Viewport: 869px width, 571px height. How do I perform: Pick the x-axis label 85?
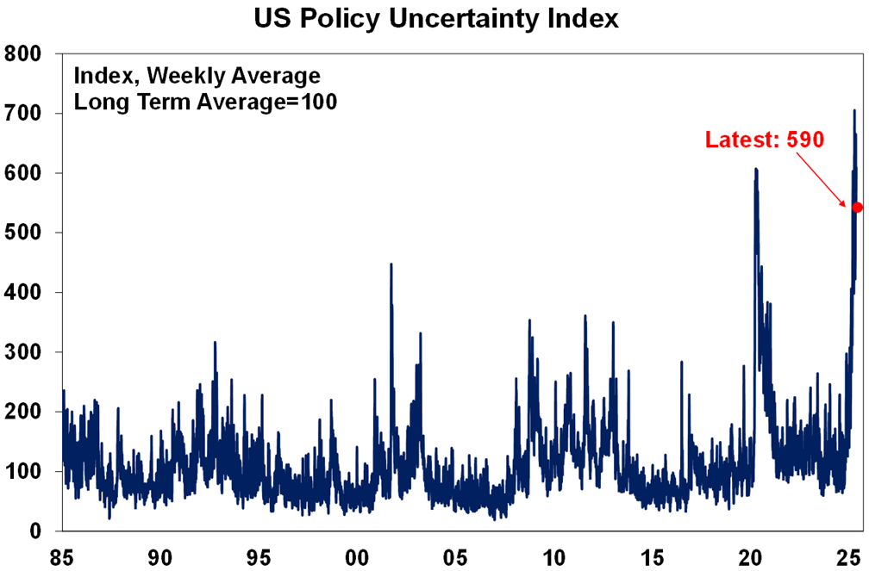click(63, 555)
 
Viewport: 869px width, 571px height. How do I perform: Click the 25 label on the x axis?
click(848, 555)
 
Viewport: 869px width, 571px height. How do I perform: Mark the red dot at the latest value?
click(857, 207)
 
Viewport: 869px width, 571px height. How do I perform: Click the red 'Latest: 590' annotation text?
click(764, 140)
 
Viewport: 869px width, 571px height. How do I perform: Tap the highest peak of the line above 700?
click(854, 111)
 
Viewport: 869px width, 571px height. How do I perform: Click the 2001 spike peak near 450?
click(391, 264)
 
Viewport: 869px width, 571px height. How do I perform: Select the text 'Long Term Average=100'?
click(205, 102)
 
